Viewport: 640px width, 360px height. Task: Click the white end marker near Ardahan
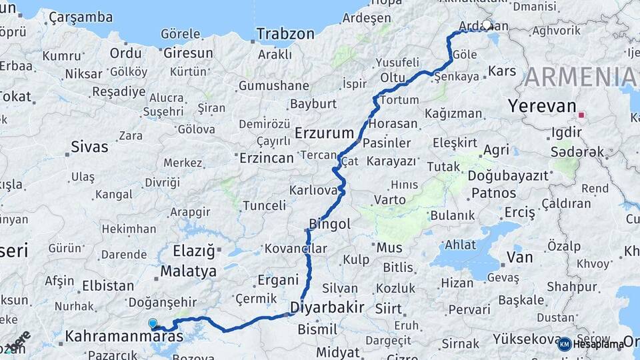coord(487,25)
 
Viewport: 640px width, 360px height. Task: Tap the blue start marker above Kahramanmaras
coord(153,323)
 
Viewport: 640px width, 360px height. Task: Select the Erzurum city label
coord(323,131)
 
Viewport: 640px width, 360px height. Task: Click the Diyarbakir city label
coord(327,307)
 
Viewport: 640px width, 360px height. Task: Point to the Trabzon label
coord(285,33)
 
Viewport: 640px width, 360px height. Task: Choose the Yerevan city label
coord(541,106)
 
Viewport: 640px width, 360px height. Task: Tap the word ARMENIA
coord(580,77)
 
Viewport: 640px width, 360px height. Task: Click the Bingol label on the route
coord(329,224)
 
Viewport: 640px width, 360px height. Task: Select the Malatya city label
coord(187,271)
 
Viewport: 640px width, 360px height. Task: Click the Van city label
coord(519,257)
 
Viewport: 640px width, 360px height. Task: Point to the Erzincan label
coord(266,158)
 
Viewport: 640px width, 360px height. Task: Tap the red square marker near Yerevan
coord(581,115)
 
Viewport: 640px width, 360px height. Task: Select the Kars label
coord(502,71)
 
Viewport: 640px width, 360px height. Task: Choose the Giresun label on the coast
coord(188,53)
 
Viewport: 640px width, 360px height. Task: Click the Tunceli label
coord(264,205)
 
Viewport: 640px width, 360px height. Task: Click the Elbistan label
coord(107,285)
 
